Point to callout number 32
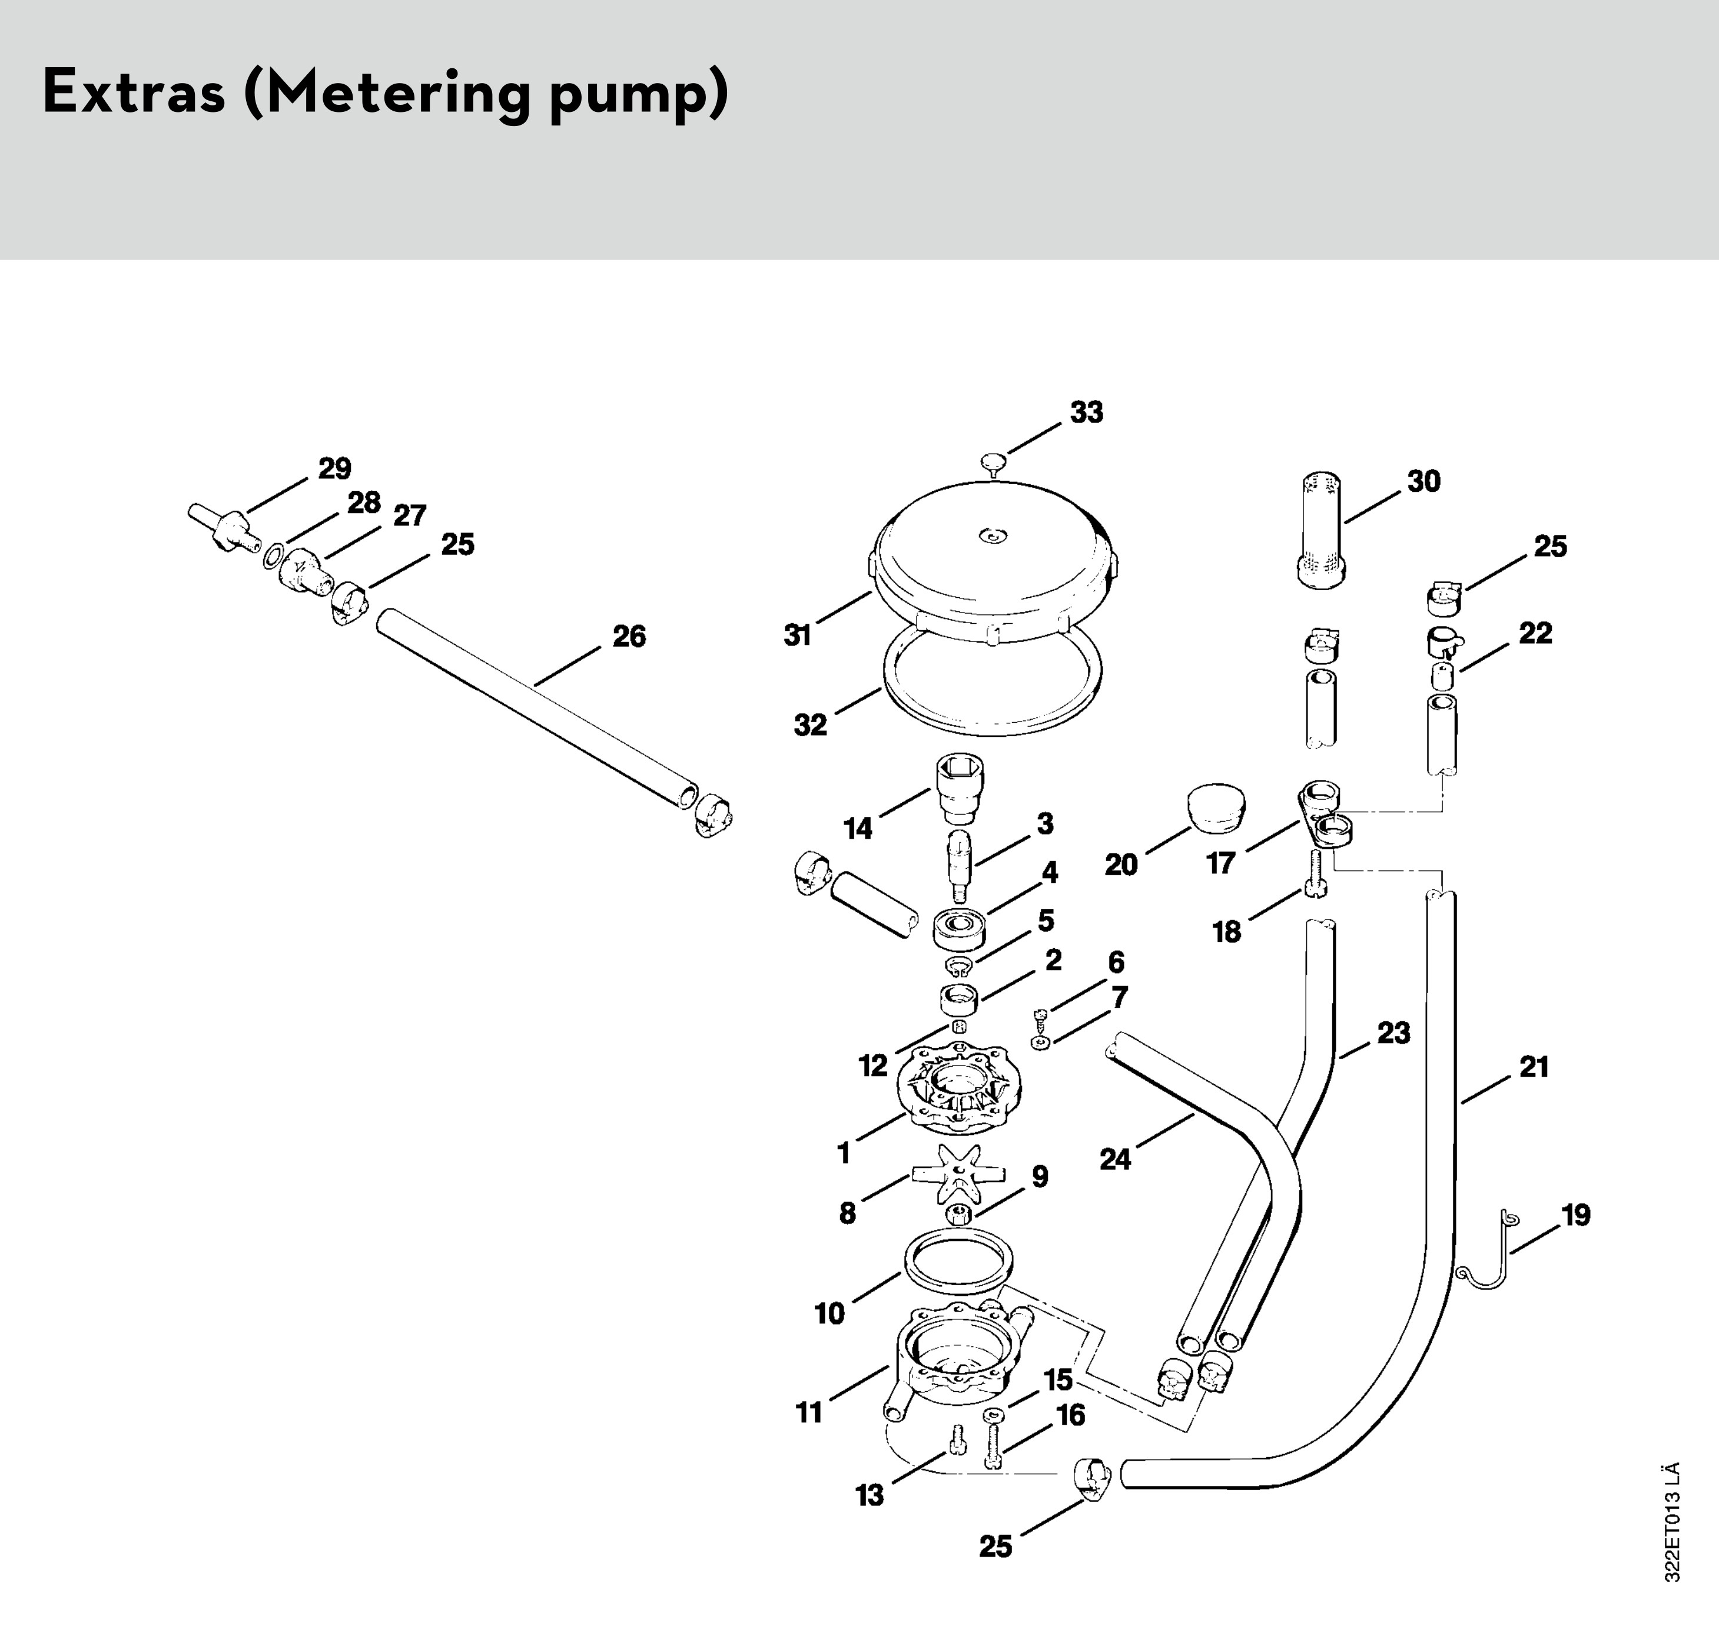coord(809,724)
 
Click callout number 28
coord(364,503)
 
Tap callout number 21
coord(1534,1066)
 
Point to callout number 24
coord(1115,1159)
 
